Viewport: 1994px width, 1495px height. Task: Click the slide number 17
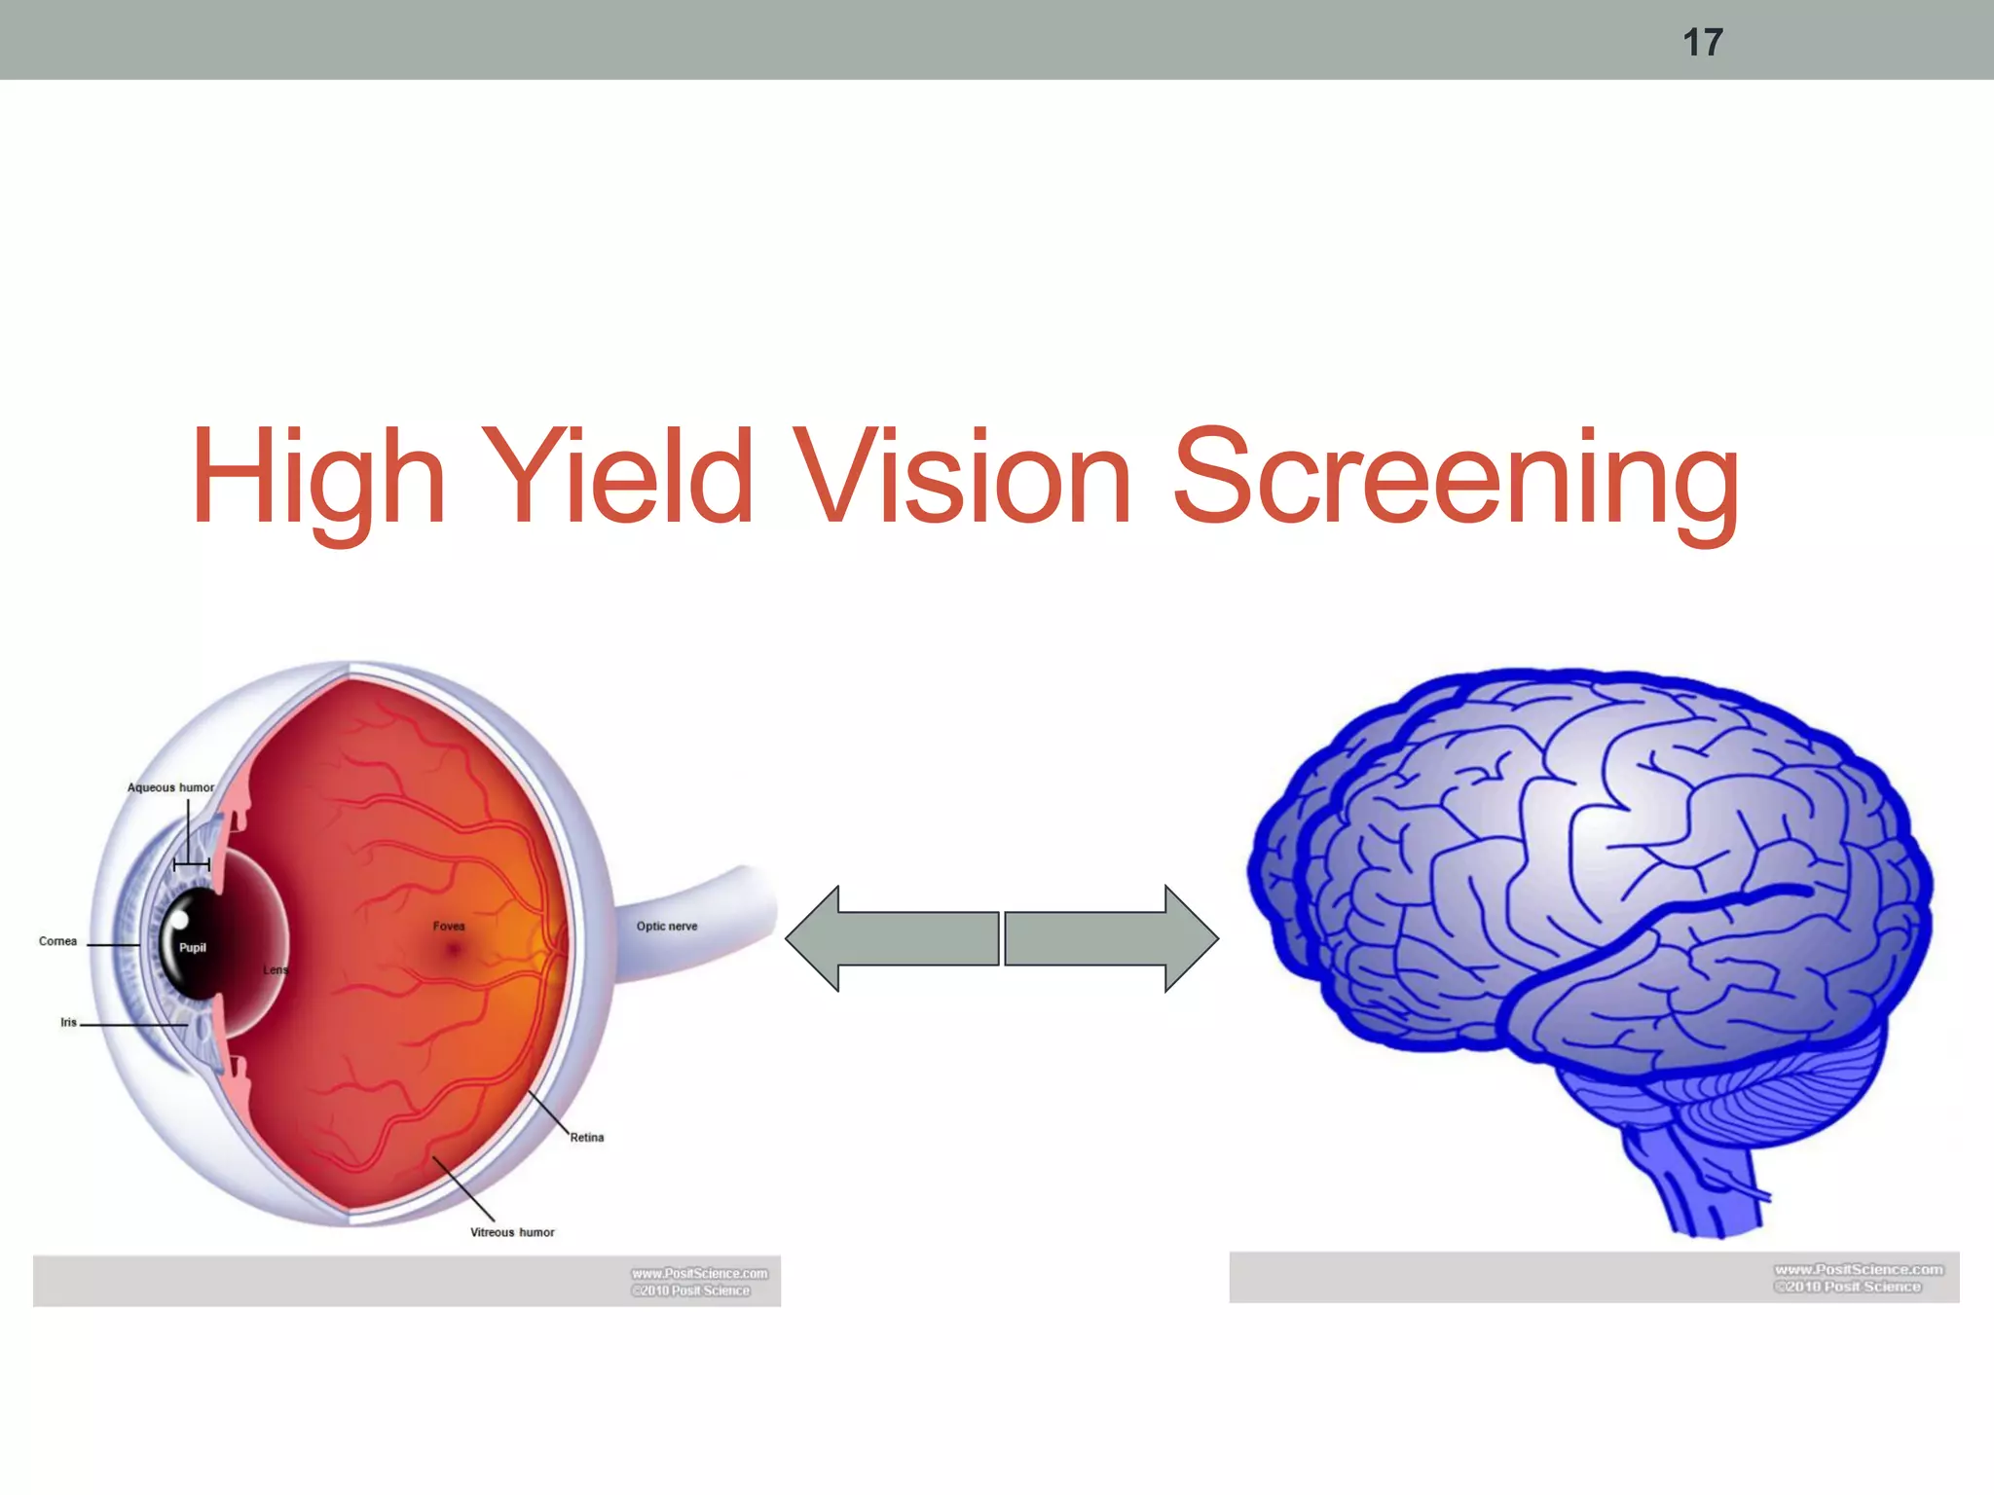click(x=1703, y=42)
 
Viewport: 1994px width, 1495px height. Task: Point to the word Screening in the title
click(x=1455, y=479)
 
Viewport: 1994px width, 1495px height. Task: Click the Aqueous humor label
click(x=170, y=787)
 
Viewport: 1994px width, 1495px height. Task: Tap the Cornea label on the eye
click(x=57, y=941)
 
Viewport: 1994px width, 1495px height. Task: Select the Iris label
click(x=68, y=1022)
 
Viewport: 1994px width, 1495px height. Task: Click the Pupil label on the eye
click(x=193, y=947)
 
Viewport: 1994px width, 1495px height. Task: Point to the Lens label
click(x=276, y=970)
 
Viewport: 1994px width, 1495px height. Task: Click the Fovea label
click(x=449, y=926)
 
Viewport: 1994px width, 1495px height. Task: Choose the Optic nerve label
click(x=667, y=926)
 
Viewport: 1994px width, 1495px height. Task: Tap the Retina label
click(x=587, y=1137)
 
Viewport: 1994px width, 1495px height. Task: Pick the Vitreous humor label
click(x=512, y=1232)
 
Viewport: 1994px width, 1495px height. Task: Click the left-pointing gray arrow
click(x=891, y=938)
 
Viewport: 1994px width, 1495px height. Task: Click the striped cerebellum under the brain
click(x=1772, y=1090)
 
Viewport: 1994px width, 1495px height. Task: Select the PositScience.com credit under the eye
click(x=699, y=1281)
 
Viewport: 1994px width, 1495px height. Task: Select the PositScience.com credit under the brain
click(x=1858, y=1277)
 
